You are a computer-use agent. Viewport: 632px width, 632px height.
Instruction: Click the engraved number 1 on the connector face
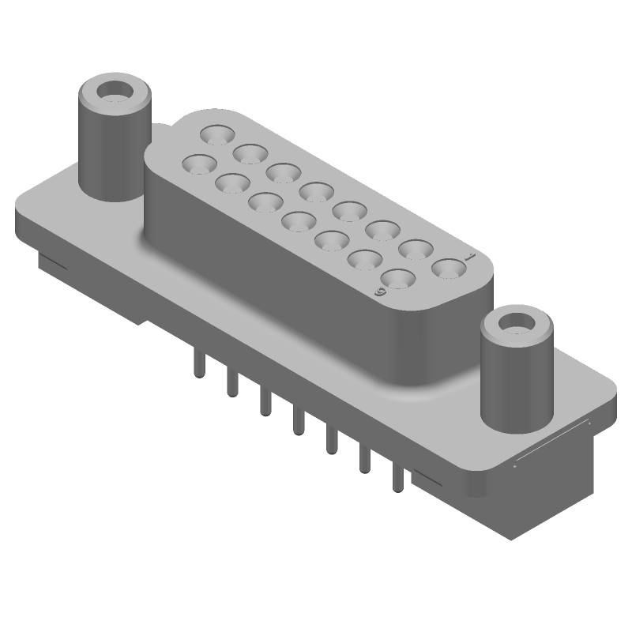point(470,257)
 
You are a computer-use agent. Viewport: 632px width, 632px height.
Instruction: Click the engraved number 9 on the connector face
point(381,292)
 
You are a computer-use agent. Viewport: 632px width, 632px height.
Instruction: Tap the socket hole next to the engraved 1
point(448,269)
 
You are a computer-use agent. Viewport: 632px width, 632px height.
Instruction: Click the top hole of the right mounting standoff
point(517,322)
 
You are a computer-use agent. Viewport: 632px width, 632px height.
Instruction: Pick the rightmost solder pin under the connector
point(397,477)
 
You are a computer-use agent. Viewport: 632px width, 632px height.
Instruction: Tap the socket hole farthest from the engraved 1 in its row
point(216,134)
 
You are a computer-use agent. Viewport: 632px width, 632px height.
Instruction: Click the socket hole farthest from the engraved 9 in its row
point(199,164)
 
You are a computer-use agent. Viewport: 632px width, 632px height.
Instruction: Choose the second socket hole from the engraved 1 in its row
point(415,250)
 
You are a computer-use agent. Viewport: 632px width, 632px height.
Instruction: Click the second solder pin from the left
point(231,382)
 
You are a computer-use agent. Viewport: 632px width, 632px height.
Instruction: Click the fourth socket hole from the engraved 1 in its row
point(348,211)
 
